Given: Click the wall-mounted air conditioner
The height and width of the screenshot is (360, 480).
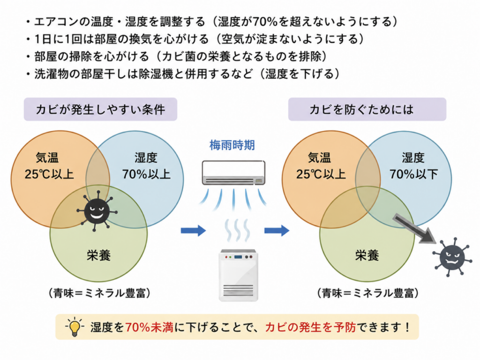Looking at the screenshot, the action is pos(233,172).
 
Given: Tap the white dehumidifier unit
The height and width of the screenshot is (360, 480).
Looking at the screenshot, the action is pos(239,275).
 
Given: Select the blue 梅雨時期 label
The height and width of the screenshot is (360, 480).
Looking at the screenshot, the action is pos(232,145).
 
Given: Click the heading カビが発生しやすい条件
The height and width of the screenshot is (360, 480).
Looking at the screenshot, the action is pos(100,109).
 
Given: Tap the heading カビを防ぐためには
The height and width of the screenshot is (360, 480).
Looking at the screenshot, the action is pos(361,109).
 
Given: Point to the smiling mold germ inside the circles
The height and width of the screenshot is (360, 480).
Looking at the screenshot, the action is pos(97,211).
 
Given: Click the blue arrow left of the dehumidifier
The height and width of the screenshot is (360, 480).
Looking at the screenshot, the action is pos(193,231).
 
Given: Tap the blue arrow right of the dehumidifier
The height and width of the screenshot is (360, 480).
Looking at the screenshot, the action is pos(277,231).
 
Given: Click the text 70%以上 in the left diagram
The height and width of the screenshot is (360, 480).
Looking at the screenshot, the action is pos(146,174).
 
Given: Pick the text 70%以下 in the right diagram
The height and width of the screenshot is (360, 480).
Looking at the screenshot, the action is pos(413,174).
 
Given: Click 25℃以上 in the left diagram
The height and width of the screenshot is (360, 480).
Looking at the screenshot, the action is pos(49,174).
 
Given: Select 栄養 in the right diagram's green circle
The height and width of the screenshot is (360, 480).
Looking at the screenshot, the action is pos(367,255).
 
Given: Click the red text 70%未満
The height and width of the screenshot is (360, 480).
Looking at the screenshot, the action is pos(149,327).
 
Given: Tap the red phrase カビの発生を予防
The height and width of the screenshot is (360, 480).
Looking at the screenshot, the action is pos(310,327).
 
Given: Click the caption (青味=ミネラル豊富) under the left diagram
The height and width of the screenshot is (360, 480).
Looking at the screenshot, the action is pos(99,293).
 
